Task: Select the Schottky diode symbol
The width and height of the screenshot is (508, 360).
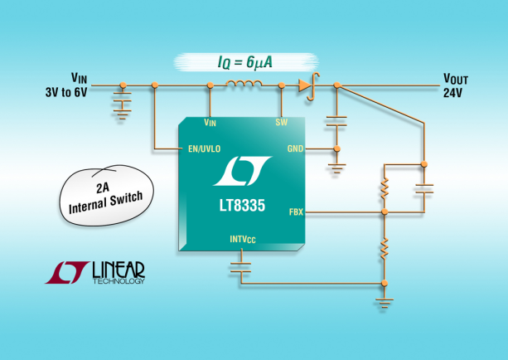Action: tap(308, 85)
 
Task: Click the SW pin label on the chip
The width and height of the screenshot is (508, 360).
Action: tap(281, 122)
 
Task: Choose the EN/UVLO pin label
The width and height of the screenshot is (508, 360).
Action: tap(201, 149)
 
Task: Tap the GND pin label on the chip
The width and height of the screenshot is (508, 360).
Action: tap(295, 149)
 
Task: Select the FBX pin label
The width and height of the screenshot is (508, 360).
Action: tap(296, 212)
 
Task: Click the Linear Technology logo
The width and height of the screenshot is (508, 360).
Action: tap(95, 272)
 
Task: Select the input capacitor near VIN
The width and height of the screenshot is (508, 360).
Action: tap(123, 105)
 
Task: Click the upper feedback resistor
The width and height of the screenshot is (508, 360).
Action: tap(384, 190)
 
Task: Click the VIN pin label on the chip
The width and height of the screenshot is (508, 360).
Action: tap(210, 122)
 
